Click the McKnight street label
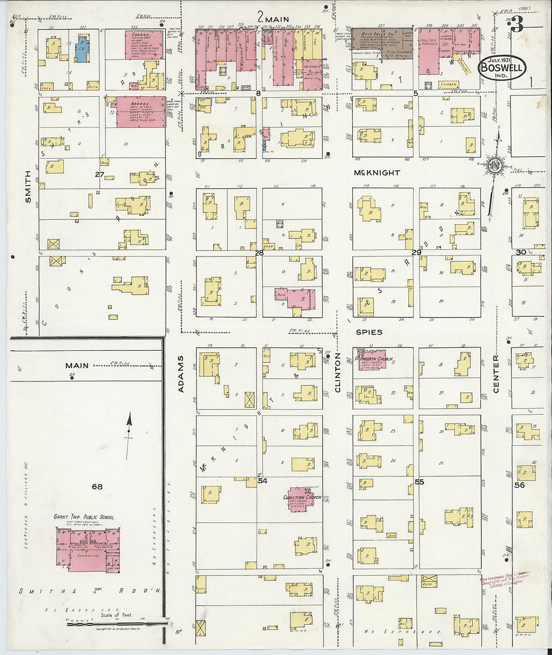377,173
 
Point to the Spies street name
369,332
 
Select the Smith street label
28,187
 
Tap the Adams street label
181,374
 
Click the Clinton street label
337,372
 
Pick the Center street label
496,374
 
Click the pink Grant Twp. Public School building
88,550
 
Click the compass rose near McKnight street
494,166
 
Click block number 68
97,486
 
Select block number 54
262,481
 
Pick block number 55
419,482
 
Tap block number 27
99,175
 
